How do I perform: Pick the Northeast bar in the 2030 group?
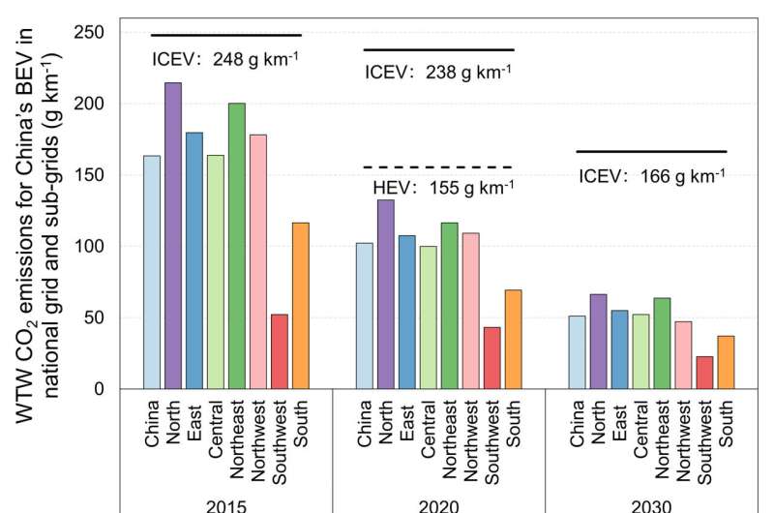[662, 344]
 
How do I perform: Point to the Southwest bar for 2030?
[704, 373]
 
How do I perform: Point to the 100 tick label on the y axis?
[90, 246]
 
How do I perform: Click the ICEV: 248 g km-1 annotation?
[225, 57]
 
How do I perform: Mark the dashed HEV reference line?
[439, 167]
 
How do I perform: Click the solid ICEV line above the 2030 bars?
[650, 152]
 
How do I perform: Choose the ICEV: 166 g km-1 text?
[652, 176]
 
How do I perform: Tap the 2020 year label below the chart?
[439, 504]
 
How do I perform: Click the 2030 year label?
[651, 504]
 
